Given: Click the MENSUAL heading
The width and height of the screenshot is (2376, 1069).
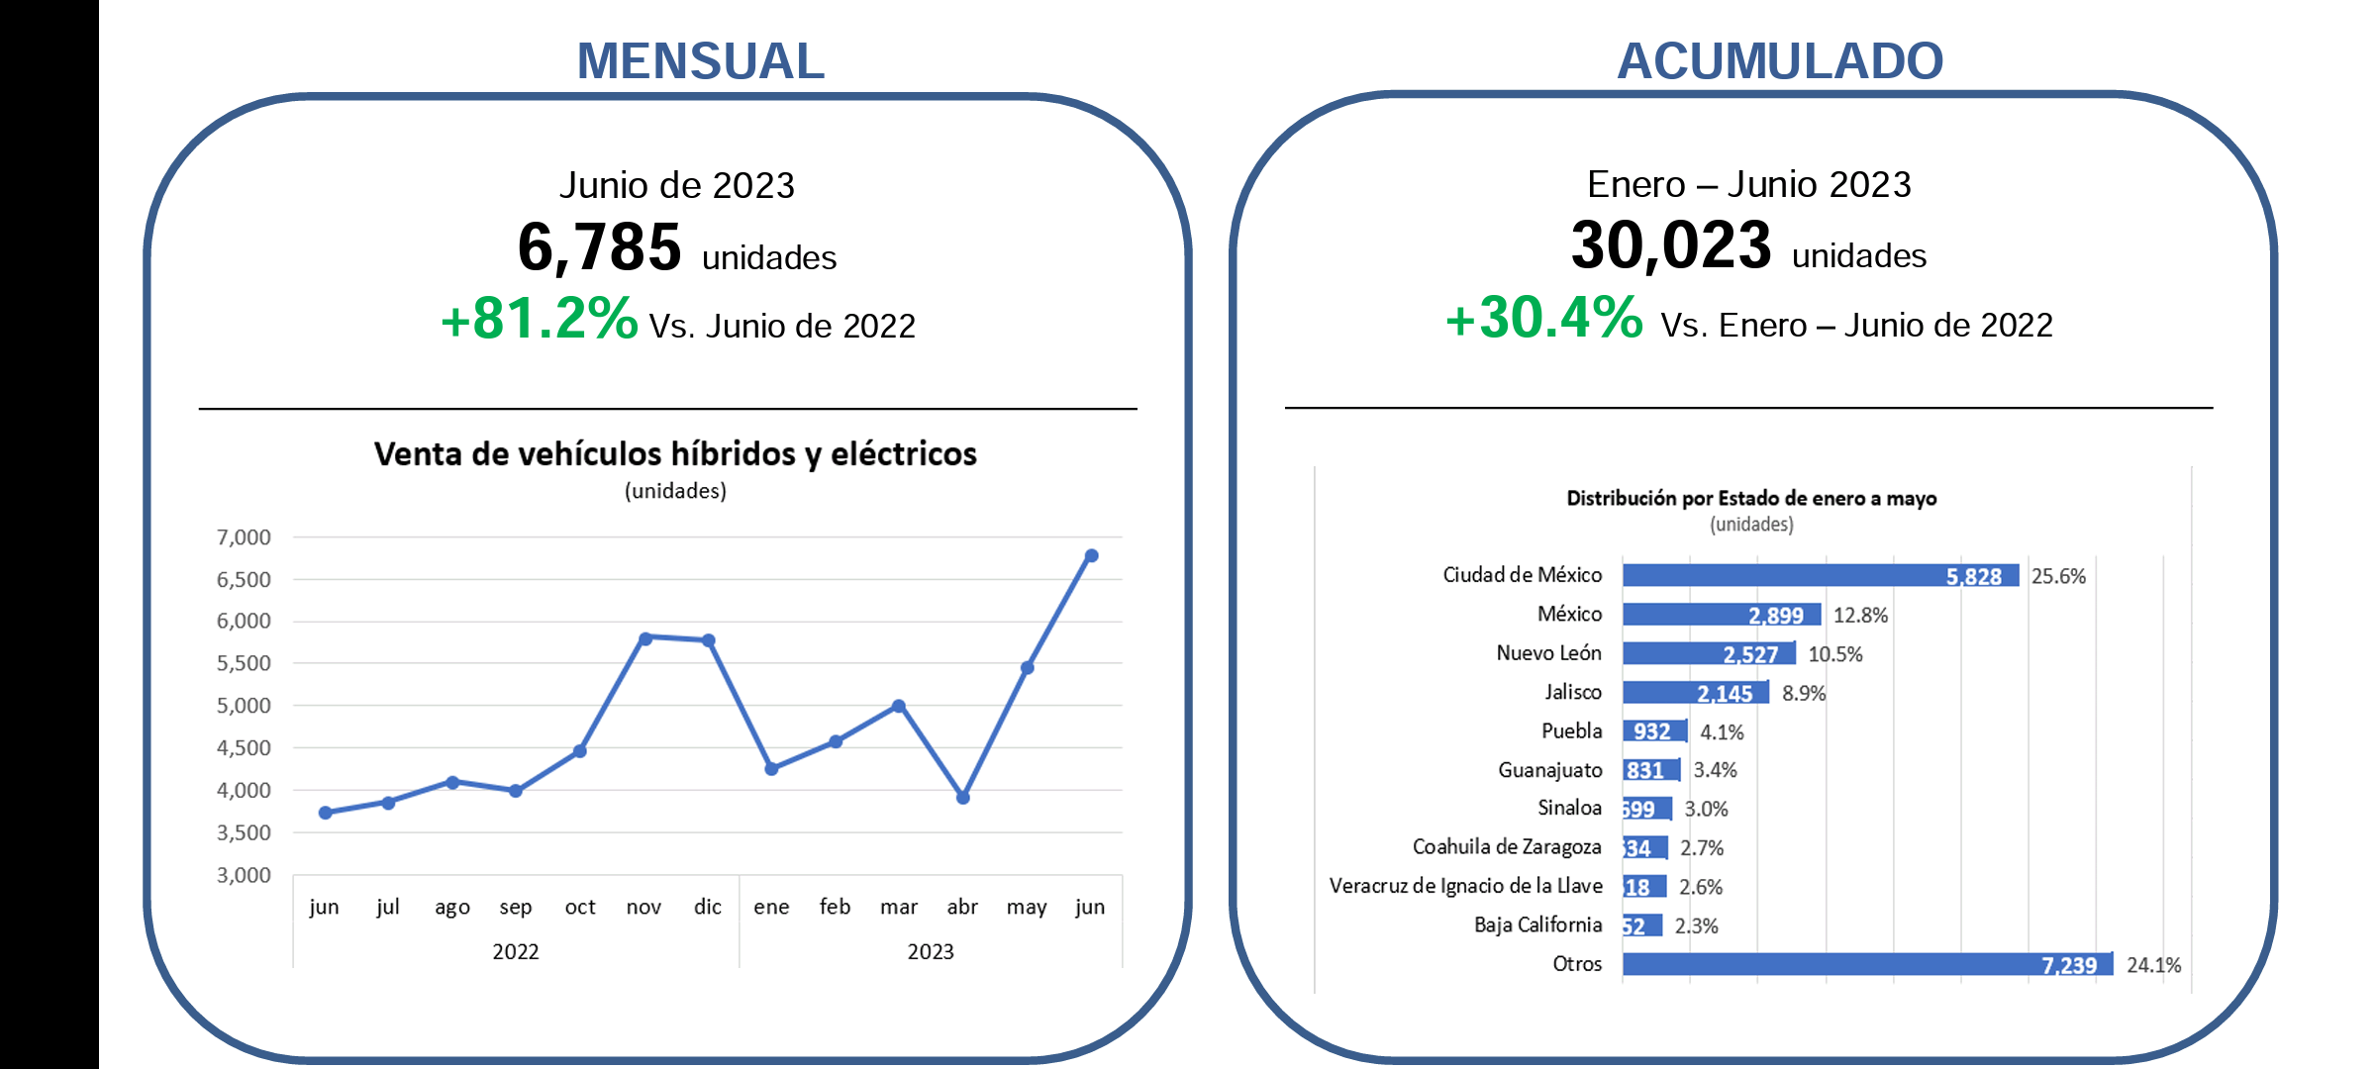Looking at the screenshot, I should point(700,61).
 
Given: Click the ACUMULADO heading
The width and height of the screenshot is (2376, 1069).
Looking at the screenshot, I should point(1779,61).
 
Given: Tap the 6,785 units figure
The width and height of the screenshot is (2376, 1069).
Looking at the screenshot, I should point(600,247).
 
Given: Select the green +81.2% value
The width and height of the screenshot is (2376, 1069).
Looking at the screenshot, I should point(540,319).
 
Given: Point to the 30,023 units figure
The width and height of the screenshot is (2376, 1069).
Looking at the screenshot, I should point(1671,245).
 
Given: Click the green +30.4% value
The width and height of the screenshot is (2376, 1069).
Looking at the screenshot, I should point(1544,318).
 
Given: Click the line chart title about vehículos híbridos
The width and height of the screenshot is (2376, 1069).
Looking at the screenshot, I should point(675,454).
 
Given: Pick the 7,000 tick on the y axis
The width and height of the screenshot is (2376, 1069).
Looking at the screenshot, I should point(244,537).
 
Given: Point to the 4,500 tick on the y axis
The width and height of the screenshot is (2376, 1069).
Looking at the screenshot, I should point(244,748).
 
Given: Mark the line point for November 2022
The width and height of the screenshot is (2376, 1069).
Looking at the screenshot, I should point(645,638).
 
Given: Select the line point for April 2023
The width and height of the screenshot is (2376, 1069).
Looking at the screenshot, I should point(963,797).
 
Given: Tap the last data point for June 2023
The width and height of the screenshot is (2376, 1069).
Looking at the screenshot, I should point(1091,556).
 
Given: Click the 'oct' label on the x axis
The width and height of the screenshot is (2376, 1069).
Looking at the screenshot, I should point(580,907).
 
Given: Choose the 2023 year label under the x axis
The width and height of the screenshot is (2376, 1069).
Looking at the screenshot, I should point(931,952).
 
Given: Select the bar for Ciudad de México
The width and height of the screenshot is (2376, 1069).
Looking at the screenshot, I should point(1820,575).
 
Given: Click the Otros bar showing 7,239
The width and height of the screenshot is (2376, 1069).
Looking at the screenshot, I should point(1867,964).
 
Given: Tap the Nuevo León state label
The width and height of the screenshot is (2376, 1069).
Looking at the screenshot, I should point(1548,653).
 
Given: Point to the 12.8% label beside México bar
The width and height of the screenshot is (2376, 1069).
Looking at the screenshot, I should point(1860,616).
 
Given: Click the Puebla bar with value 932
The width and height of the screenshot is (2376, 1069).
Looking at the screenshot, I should point(1654,731).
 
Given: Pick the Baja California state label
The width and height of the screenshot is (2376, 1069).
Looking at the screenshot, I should point(1537,924).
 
